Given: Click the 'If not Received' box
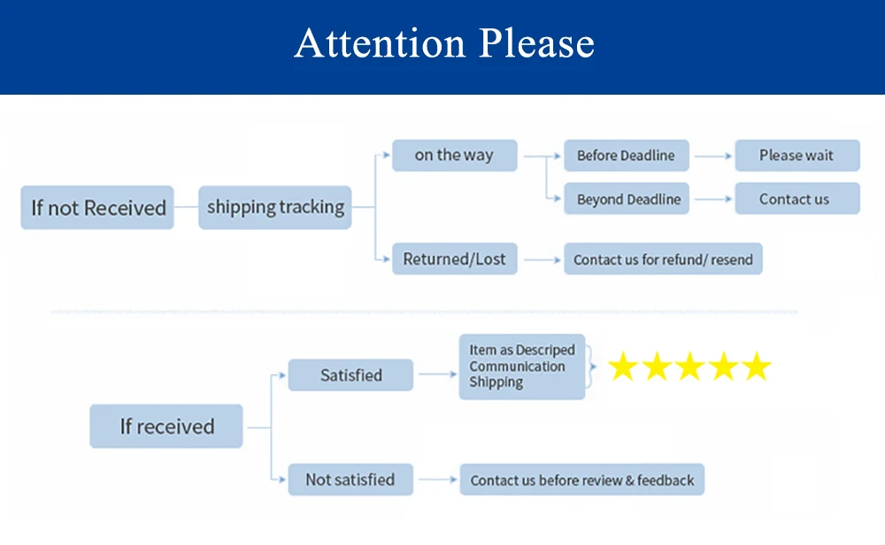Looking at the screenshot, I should pyautogui.click(x=97, y=208).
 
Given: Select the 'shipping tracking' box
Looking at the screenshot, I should pyautogui.click(x=275, y=207).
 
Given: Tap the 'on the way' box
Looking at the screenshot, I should pyautogui.click(x=454, y=156).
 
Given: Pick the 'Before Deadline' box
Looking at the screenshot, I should pyautogui.click(x=626, y=156).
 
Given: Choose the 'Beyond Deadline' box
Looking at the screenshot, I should pyautogui.click(x=628, y=199).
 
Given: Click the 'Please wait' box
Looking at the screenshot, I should pyautogui.click(x=796, y=156).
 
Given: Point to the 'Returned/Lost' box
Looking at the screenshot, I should pyautogui.click(x=454, y=259).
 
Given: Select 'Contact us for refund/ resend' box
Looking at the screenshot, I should pyautogui.click(x=663, y=260).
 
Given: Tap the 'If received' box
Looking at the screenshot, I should pyautogui.click(x=166, y=426).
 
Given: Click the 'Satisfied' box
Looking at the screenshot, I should pyautogui.click(x=350, y=375).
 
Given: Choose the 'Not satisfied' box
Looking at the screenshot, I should pyautogui.click(x=350, y=480).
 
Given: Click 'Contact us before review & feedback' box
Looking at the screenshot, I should pyautogui.click(x=581, y=480).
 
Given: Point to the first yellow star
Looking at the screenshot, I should pyautogui.click(x=623, y=367).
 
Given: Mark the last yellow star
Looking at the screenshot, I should pyautogui.click(x=757, y=367).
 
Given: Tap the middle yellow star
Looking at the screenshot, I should pyautogui.click(x=690, y=367).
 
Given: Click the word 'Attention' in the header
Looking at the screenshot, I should pyautogui.click(x=381, y=43).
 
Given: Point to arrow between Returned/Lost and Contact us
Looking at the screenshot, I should pyautogui.click(x=542, y=260).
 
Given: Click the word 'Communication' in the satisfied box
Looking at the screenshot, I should pyautogui.click(x=517, y=366).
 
